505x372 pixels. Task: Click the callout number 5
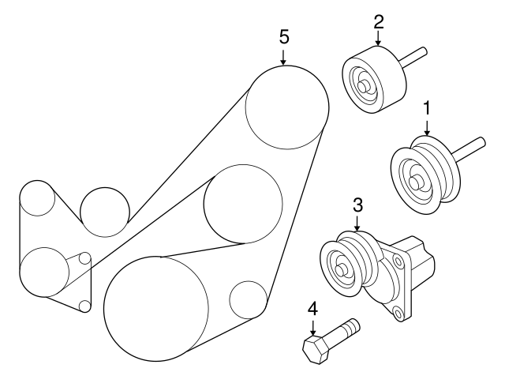pos(284,37)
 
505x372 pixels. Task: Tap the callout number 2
pos(379,22)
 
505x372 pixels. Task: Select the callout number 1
pos(427,108)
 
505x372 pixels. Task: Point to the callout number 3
pos(357,205)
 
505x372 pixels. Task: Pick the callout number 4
pos(312,309)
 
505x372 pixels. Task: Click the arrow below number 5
pos(283,58)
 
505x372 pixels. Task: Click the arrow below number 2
pos(379,38)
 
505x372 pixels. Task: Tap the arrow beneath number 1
pos(427,128)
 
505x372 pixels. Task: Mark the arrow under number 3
pos(357,224)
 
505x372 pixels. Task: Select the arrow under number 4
pos(312,327)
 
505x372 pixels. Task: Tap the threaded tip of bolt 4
pos(353,326)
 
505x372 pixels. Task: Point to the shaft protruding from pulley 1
pos(469,149)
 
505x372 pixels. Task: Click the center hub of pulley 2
pos(365,86)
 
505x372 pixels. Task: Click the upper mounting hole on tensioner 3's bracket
pos(398,261)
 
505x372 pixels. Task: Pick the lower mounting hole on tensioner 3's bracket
pos(398,313)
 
